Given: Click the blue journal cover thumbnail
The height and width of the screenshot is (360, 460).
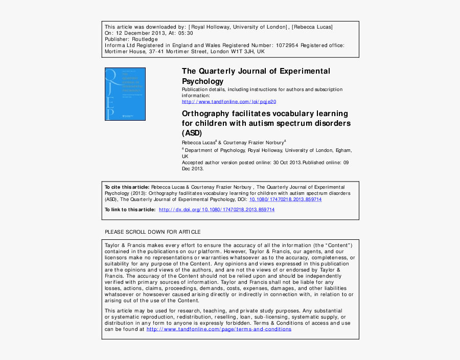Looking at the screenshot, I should (x=125, y=94).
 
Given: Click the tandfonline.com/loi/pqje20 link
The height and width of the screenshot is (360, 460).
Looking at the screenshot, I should (x=229, y=102).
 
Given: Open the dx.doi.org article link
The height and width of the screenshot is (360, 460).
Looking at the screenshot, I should (x=217, y=210).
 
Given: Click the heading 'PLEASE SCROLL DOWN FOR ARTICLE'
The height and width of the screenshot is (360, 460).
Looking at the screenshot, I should (x=152, y=232).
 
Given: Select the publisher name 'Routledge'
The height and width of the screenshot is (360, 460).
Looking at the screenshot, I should (x=145, y=39).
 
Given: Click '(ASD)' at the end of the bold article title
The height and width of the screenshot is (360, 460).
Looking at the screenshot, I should (x=192, y=133).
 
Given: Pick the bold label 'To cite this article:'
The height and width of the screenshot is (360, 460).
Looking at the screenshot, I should (x=127, y=187).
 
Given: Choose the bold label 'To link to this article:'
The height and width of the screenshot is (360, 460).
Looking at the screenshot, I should (x=130, y=210).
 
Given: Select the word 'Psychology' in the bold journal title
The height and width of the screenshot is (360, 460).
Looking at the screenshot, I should (x=203, y=81).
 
